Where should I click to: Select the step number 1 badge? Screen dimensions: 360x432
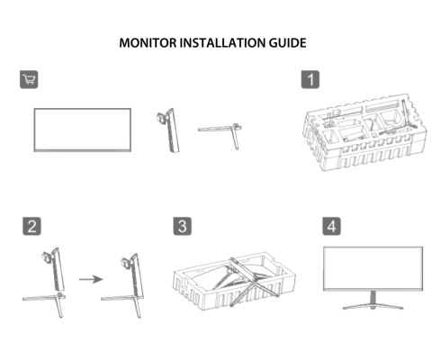click(x=309, y=79)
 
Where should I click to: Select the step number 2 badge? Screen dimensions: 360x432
click(x=30, y=224)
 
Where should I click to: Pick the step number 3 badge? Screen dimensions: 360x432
click(x=182, y=224)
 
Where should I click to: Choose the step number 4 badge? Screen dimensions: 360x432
click(x=329, y=224)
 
